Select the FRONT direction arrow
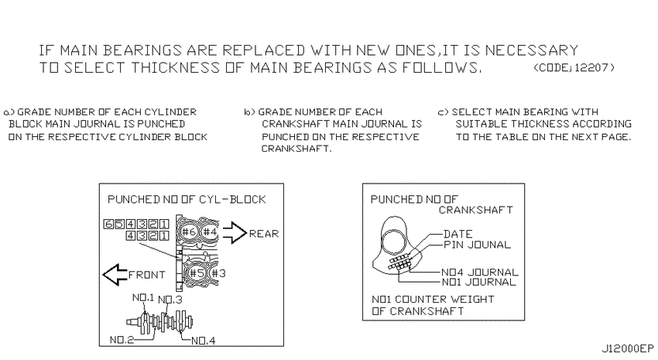point(115,274)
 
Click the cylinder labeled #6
point(189,232)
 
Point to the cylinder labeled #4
point(210,232)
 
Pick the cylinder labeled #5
point(196,273)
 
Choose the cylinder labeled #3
point(218,273)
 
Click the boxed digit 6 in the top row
point(108,224)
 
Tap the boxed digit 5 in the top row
point(119,224)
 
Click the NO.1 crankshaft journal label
point(143,297)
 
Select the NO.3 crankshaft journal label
point(170,300)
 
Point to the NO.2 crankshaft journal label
point(122,340)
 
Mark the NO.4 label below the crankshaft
point(204,341)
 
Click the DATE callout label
point(458,234)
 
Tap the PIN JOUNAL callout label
point(477,245)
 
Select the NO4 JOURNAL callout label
point(480,273)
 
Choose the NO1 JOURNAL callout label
point(479,283)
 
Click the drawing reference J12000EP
point(628,348)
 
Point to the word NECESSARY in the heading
point(532,50)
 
